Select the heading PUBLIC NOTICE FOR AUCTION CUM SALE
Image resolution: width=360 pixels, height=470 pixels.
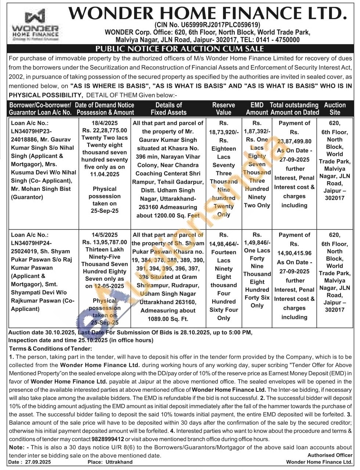pyautogui.click(x=180, y=49)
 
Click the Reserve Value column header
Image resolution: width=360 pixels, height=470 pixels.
pyautogui.click(x=223, y=109)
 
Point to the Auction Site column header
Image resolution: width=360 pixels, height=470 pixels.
pyautogui.click(x=335, y=109)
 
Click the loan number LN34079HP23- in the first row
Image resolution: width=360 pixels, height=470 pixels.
pyautogui.click(x=32, y=132)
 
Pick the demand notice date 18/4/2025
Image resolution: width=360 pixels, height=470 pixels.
pyautogui.click(x=105, y=123)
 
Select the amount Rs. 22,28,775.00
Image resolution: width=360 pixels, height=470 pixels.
pyautogui.click(x=105, y=130)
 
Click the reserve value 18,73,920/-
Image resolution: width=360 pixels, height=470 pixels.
pyautogui.click(x=224, y=132)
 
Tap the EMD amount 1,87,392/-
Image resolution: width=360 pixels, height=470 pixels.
pyautogui.click(x=257, y=131)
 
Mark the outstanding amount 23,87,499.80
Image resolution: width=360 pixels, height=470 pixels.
pyautogui.click(x=294, y=141)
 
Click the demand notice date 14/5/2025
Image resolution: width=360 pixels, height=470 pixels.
pyautogui.click(x=105, y=235)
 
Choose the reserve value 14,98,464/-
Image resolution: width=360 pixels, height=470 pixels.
pyautogui.click(x=224, y=243)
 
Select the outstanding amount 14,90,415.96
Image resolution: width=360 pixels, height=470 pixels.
pyautogui.click(x=294, y=253)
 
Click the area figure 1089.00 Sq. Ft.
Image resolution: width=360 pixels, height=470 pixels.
pyautogui.click(x=168, y=319)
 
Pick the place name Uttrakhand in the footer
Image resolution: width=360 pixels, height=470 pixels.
pyautogui.click(x=119, y=462)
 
